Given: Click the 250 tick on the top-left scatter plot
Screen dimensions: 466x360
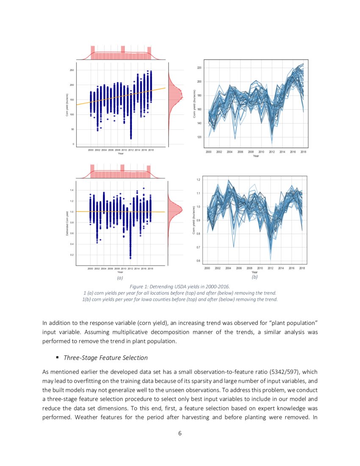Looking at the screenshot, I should point(72,70).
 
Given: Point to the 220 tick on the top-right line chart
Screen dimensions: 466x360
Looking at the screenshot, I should point(199,68).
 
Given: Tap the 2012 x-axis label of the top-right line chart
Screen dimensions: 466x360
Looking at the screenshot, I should point(271,152).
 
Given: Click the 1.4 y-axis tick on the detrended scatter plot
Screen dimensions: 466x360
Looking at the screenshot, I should point(72,191).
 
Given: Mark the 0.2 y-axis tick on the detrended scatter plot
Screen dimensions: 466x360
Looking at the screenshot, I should point(72,255).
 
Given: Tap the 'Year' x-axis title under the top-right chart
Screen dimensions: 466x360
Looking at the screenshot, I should point(256,156).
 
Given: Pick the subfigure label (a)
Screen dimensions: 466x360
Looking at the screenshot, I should point(120,278).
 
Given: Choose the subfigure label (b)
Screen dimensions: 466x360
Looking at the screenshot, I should point(255,277).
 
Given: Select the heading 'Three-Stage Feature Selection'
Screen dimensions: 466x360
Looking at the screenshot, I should point(105,358).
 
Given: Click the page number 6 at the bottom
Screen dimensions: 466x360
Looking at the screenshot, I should point(180,433).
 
